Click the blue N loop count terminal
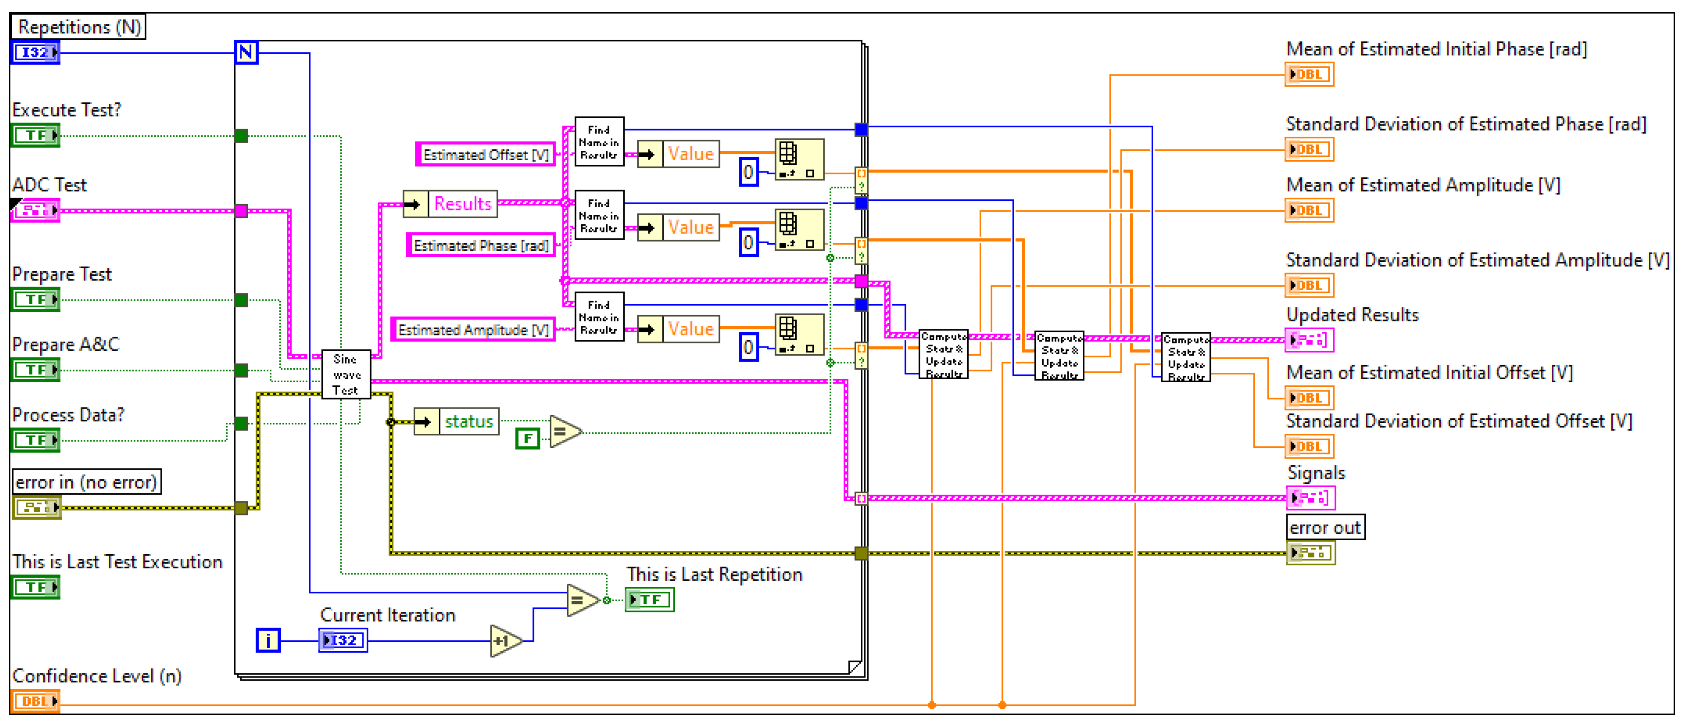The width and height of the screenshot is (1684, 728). (246, 51)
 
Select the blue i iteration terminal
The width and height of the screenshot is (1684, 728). (267, 640)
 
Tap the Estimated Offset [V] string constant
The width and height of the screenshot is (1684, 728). (485, 154)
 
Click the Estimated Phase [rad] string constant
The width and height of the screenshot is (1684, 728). (481, 245)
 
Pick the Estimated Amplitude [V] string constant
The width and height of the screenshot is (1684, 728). (473, 329)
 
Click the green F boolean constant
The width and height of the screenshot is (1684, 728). (527, 438)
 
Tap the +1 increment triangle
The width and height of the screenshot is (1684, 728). (504, 640)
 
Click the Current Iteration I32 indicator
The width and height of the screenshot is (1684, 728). (343, 640)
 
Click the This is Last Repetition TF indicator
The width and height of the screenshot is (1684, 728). (649, 599)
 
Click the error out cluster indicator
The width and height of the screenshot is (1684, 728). (1310, 553)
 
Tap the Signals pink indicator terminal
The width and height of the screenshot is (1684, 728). (1310, 498)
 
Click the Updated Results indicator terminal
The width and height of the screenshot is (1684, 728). (1309, 340)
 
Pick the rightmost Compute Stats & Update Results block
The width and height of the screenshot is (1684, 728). (1185, 357)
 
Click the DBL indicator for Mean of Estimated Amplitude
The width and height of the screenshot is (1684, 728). (1309, 210)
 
